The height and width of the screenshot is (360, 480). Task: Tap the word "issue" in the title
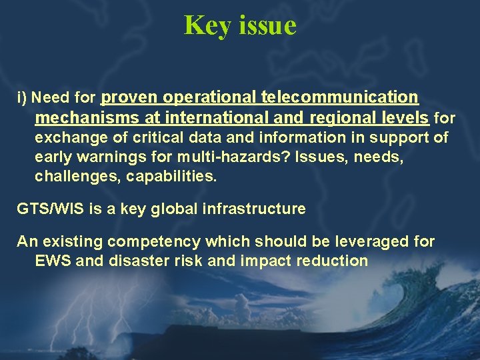(x=266, y=25)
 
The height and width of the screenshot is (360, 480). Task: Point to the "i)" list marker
(x=21, y=99)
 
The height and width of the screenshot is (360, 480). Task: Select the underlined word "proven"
(x=129, y=97)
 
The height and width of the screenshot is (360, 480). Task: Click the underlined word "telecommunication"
(x=340, y=97)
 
